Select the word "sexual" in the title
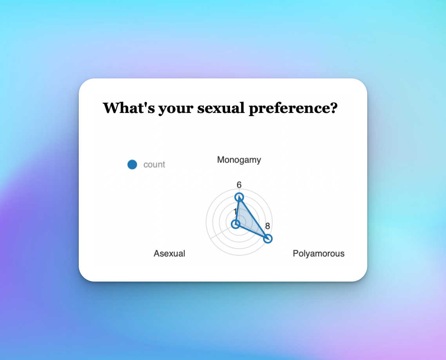[x=221, y=108]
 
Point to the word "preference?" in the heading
[x=293, y=108]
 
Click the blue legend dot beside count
[x=132, y=164]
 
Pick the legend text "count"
[x=154, y=164]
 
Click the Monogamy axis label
[x=239, y=160]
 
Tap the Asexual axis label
[x=169, y=253]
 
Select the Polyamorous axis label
[x=319, y=254]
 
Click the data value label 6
[x=239, y=185]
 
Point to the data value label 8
[x=267, y=226]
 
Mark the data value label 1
[x=235, y=211]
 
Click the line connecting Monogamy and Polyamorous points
[x=254, y=218]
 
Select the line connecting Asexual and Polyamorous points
[x=252, y=231]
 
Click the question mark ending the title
[x=334, y=108]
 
